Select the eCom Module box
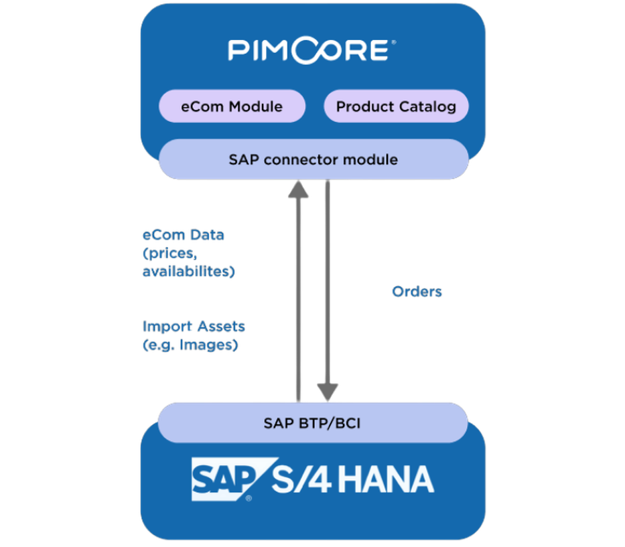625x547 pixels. click(x=232, y=106)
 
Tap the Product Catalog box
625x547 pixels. click(x=396, y=106)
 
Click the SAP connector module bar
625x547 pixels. click(x=313, y=159)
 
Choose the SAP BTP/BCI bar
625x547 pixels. click(x=312, y=422)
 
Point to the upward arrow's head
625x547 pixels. click(x=298, y=190)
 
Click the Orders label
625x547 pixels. click(x=417, y=292)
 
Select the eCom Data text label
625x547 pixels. click(x=183, y=235)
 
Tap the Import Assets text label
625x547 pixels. click(x=194, y=327)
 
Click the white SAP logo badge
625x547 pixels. click(x=223, y=479)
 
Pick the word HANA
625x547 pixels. click(x=385, y=480)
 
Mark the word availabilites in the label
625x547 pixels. click(x=188, y=272)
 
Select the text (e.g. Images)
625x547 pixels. click(x=190, y=345)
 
